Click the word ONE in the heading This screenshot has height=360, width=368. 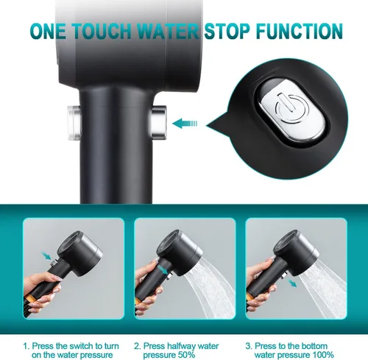tap(48, 31)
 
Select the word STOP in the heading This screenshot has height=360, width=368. tap(227, 31)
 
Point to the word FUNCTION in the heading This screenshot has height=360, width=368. tap(300, 31)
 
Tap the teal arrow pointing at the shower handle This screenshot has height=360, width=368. tap(185, 123)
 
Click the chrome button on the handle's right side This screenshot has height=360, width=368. tap(159, 122)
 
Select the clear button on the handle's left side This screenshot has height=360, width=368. tap(74, 123)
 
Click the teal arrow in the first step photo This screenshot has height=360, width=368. tap(46, 255)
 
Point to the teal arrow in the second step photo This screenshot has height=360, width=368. tap(163, 269)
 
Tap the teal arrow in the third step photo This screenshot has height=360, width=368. tap(292, 283)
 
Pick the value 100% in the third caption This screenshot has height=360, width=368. tap(323, 355)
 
